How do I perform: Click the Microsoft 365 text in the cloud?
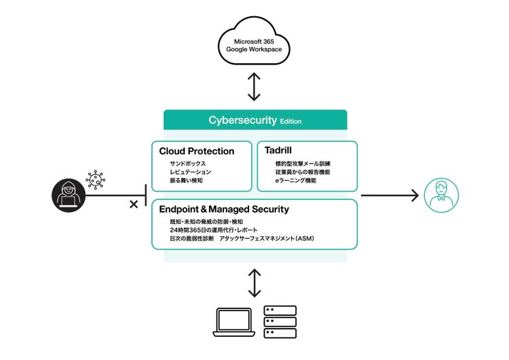point(254,41)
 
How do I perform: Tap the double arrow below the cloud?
point(254,86)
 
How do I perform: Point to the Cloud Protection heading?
point(197,151)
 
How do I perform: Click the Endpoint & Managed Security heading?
point(224,209)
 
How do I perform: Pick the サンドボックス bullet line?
point(188,164)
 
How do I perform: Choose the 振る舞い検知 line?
point(187,181)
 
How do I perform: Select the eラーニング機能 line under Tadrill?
point(296,181)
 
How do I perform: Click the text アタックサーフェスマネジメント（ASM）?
point(267,239)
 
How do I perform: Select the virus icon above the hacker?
point(95,179)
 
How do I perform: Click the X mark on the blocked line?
point(134,204)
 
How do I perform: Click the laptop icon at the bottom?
point(234,322)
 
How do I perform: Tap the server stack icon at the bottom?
point(280,321)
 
